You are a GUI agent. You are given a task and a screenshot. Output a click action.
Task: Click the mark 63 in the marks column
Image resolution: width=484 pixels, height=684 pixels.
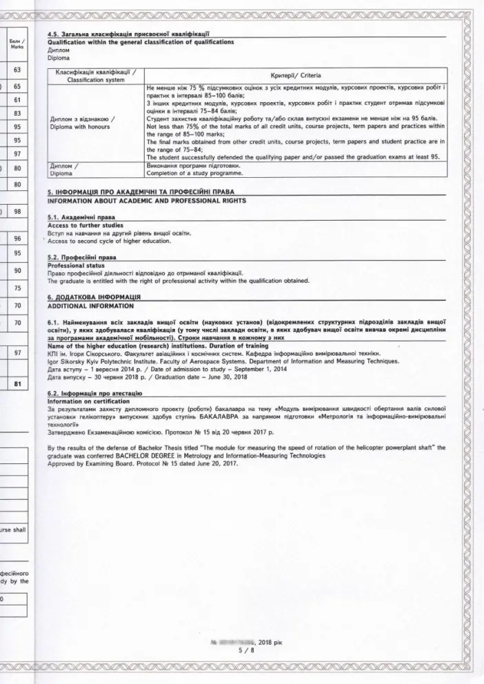pos(17,70)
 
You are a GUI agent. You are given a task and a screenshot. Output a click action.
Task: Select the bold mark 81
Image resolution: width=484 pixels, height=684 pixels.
pos(17,385)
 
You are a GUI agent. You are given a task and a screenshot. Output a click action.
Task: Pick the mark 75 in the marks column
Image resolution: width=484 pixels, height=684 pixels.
pos(17,288)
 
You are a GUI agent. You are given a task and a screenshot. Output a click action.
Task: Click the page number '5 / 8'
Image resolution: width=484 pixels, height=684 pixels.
pos(242,649)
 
